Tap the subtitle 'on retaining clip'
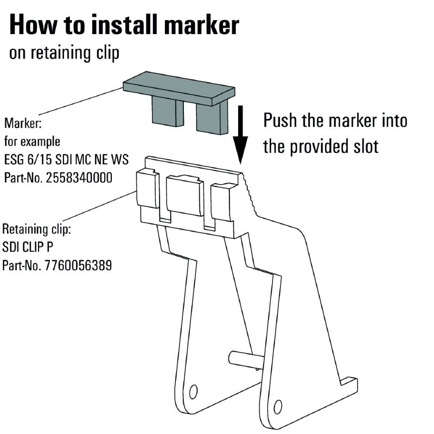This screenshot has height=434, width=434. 64,54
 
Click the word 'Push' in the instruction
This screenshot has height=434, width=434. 280,120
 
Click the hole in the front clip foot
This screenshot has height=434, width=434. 278,406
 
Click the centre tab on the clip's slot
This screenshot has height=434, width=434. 184,195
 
